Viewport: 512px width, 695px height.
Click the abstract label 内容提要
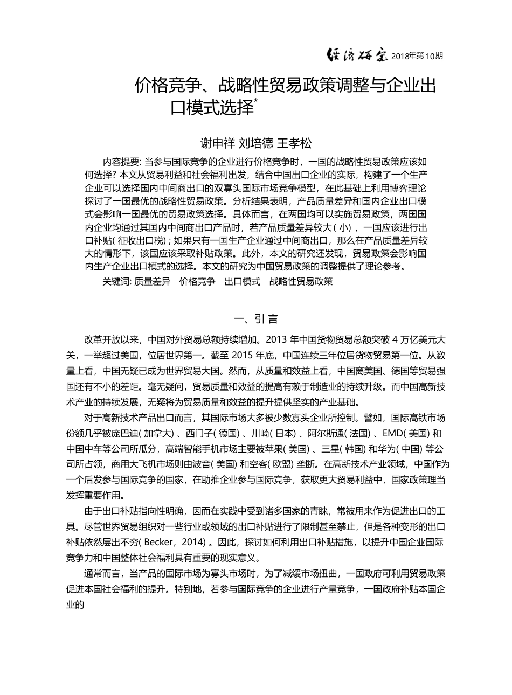(x=120, y=162)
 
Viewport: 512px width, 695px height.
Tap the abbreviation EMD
(x=392, y=434)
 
